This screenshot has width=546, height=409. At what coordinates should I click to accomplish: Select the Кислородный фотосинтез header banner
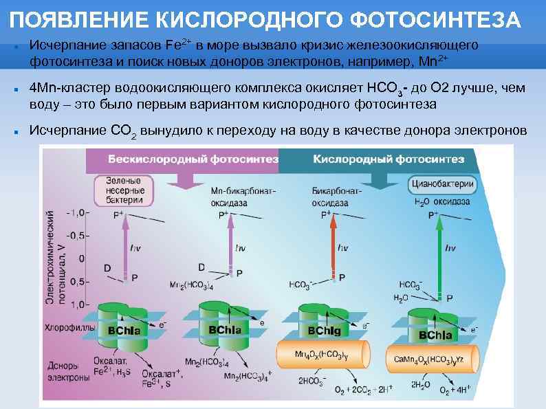tap(389, 159)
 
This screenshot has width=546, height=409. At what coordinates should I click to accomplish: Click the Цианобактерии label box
tap(442, 184)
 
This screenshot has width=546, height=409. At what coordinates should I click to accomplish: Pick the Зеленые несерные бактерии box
tap(124, 190)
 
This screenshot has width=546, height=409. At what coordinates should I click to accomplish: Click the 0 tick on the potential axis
tap(82, 258)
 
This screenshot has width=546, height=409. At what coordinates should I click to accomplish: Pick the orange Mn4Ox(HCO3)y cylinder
tap(320, 355)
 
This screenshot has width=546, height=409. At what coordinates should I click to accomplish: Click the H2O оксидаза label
tap(442, 202)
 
